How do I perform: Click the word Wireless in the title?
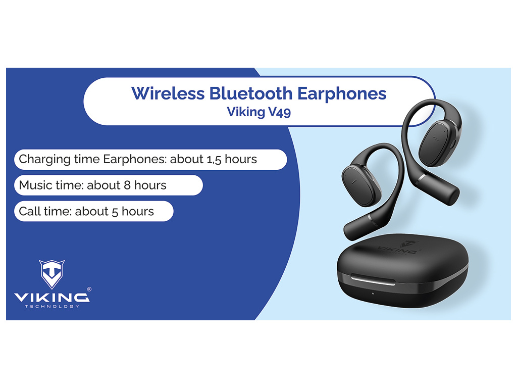coord(168,93)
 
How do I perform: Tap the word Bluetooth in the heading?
coord(250,93)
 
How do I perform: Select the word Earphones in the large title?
coord(342,94)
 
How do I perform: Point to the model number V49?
coord(280,112)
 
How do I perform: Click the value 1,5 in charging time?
coord(214,160)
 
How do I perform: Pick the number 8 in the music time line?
coord(127,185)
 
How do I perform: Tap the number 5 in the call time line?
coord(115,212)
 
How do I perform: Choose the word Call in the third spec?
coord(29,211)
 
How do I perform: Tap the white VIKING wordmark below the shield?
coord(52,298)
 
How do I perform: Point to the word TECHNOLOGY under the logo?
coord(52,307)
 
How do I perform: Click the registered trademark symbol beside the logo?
coord(89,289)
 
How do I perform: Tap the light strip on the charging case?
coord(373,280)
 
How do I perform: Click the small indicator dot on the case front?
coord(373,294)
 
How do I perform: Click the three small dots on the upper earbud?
coord(436,138)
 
